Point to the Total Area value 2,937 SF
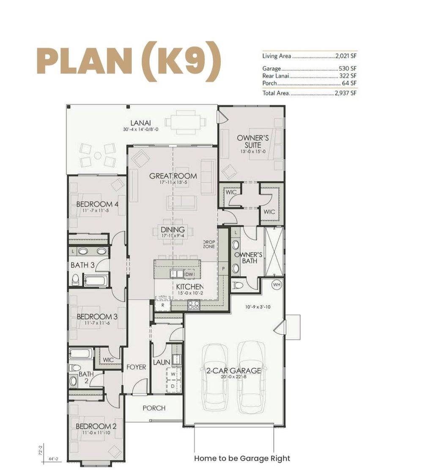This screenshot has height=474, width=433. click(345, 93)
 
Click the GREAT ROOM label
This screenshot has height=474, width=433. click(173, 176)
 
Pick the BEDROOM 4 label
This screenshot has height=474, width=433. click(97, 204)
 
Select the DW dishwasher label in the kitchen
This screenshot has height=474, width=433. click(189, 275)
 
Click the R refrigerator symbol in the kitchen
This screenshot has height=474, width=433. click(162, 304)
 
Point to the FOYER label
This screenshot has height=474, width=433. click(136, 367)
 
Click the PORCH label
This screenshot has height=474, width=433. click(154, 408)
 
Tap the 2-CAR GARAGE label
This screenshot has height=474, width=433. click(233, 371)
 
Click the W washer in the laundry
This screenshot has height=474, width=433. click(173, 373)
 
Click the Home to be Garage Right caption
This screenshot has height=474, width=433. click(242, 458)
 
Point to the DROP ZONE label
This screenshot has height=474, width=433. click(209, 244)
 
